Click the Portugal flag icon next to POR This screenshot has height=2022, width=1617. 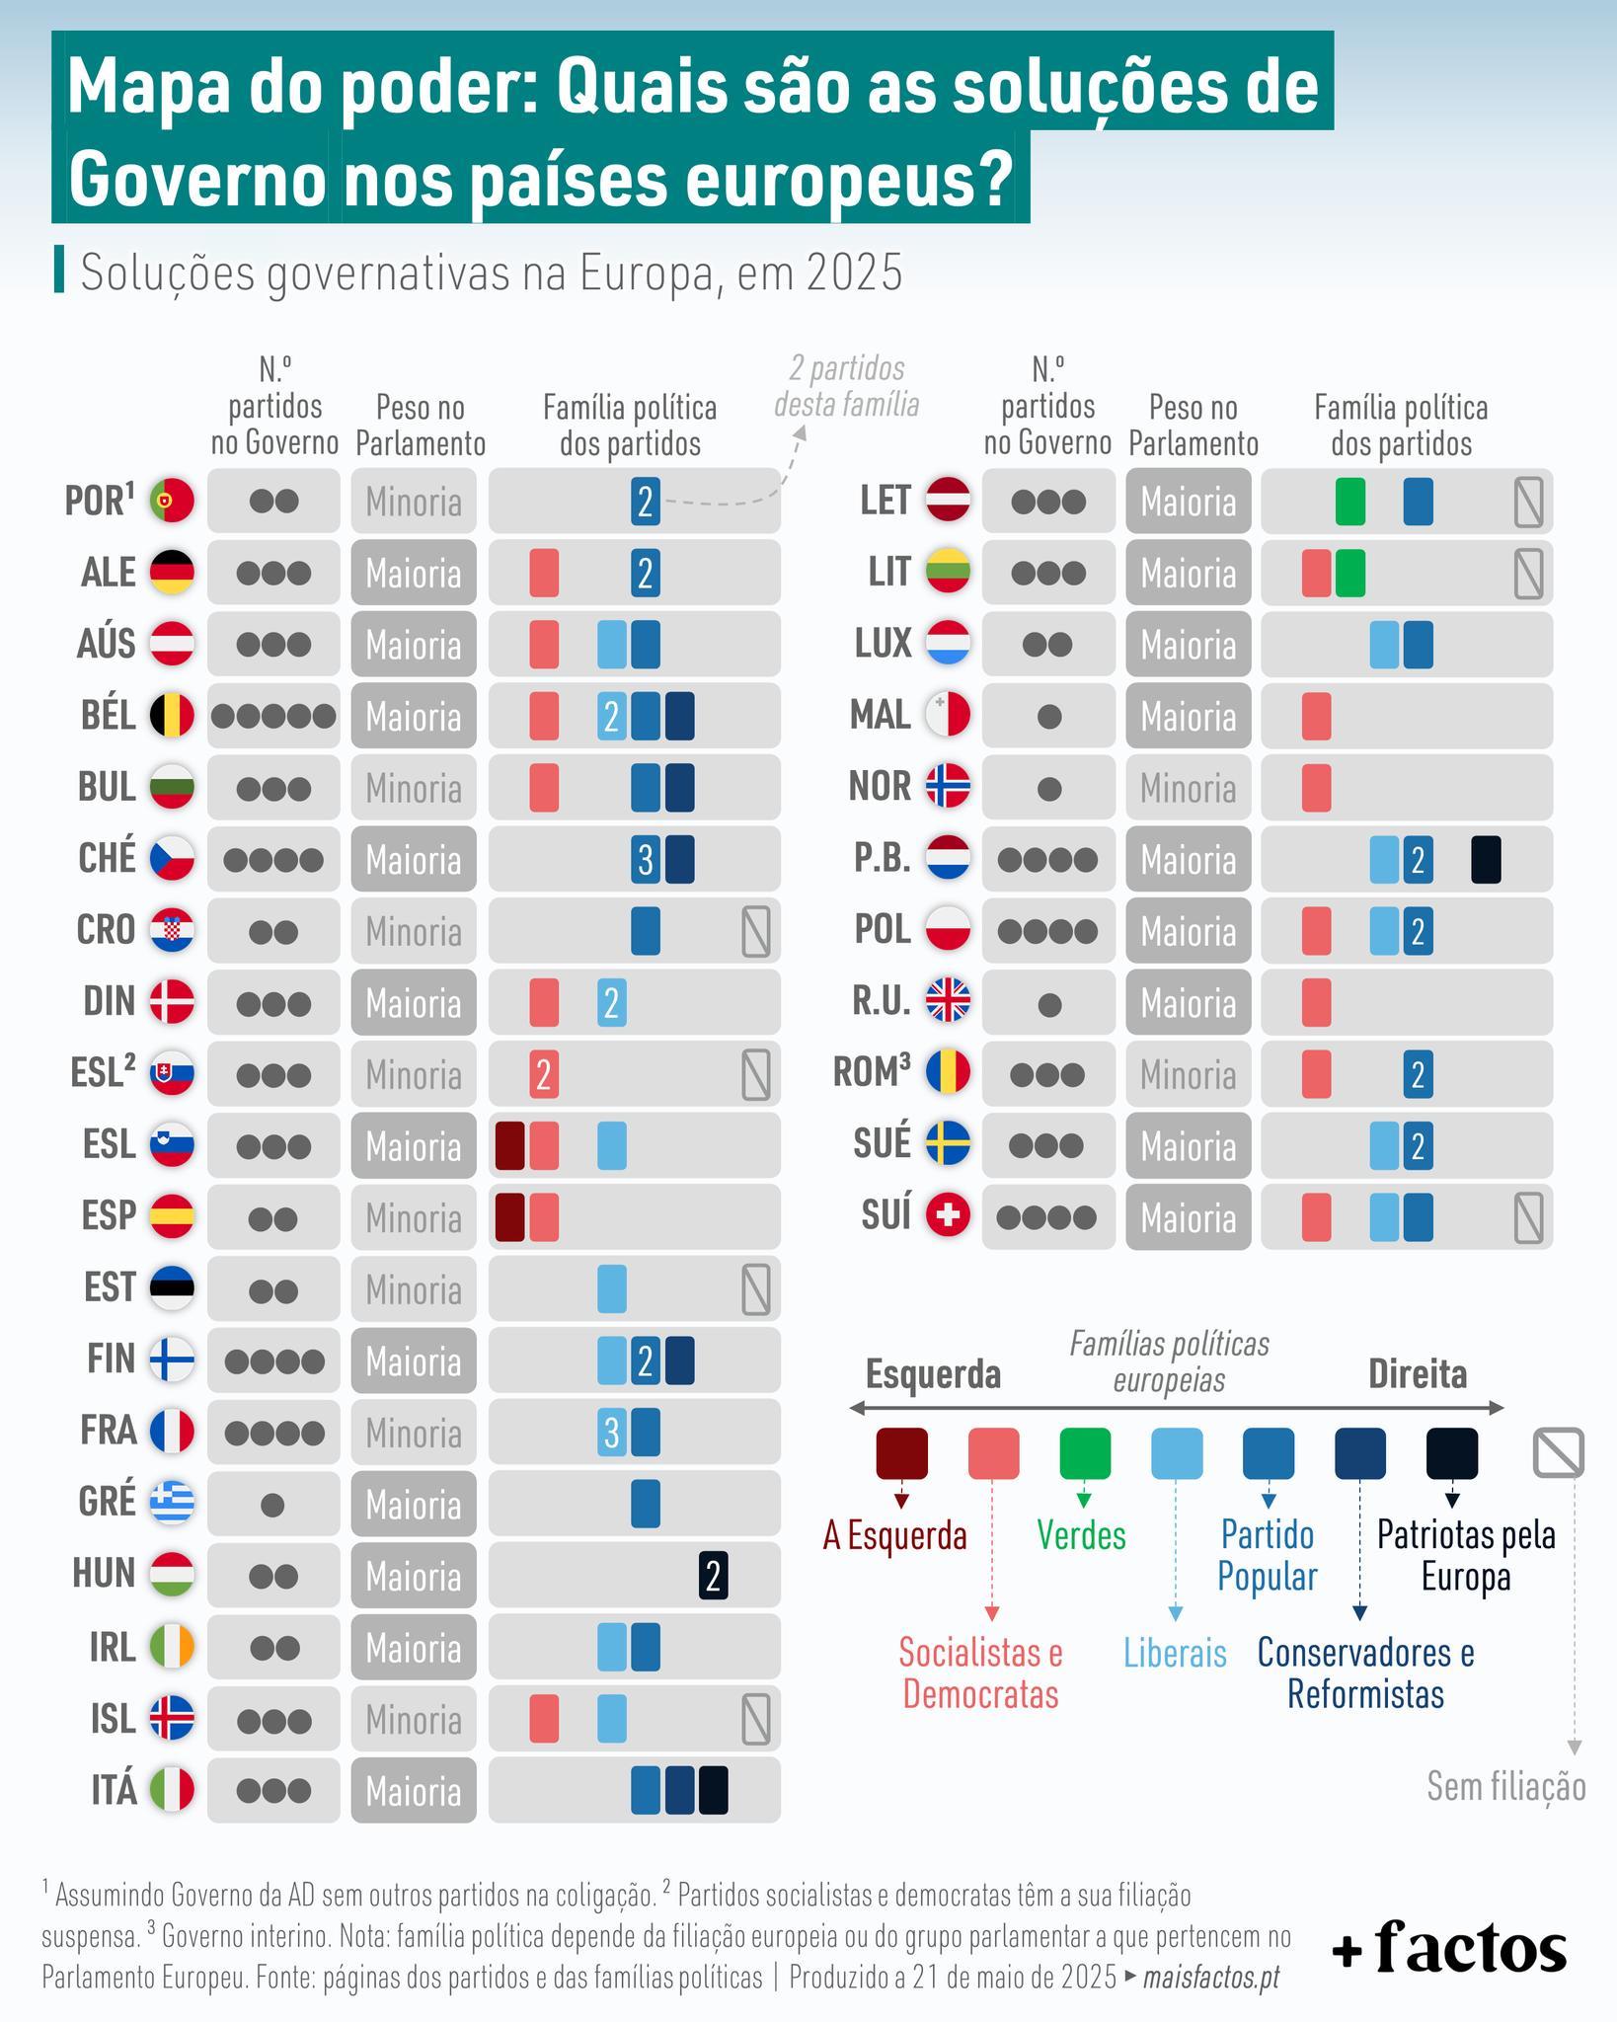click(172, 501)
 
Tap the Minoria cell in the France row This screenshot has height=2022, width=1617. click(413, 1433)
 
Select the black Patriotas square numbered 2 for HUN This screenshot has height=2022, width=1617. click(713, 1576)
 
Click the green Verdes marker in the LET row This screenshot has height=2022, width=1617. click(1349, 502)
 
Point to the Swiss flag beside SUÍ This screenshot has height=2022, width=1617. click(948, 1217)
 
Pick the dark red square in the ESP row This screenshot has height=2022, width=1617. click(509, 1217)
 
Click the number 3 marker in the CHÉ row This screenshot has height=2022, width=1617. click(645, 860)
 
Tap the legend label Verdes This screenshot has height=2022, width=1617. click(1081, 1535)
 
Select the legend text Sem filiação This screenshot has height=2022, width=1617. click(1505, 1786)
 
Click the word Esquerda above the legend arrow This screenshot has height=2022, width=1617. click(933, 1373)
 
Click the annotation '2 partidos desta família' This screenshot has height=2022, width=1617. click(846, 387)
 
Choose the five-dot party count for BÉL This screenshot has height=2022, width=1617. click(273, 716)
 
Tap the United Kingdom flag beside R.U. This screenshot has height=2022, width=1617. click(948, 1002)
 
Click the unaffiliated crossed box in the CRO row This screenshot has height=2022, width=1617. click(755, 931)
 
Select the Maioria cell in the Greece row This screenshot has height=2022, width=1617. click(413, 1505)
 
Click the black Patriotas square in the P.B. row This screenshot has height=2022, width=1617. click(1486, 860)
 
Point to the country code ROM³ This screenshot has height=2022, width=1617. click(872, 1073)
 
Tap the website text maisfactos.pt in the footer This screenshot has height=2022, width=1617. click(1210, 1978)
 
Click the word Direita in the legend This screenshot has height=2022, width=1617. click(1417, 1373)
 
